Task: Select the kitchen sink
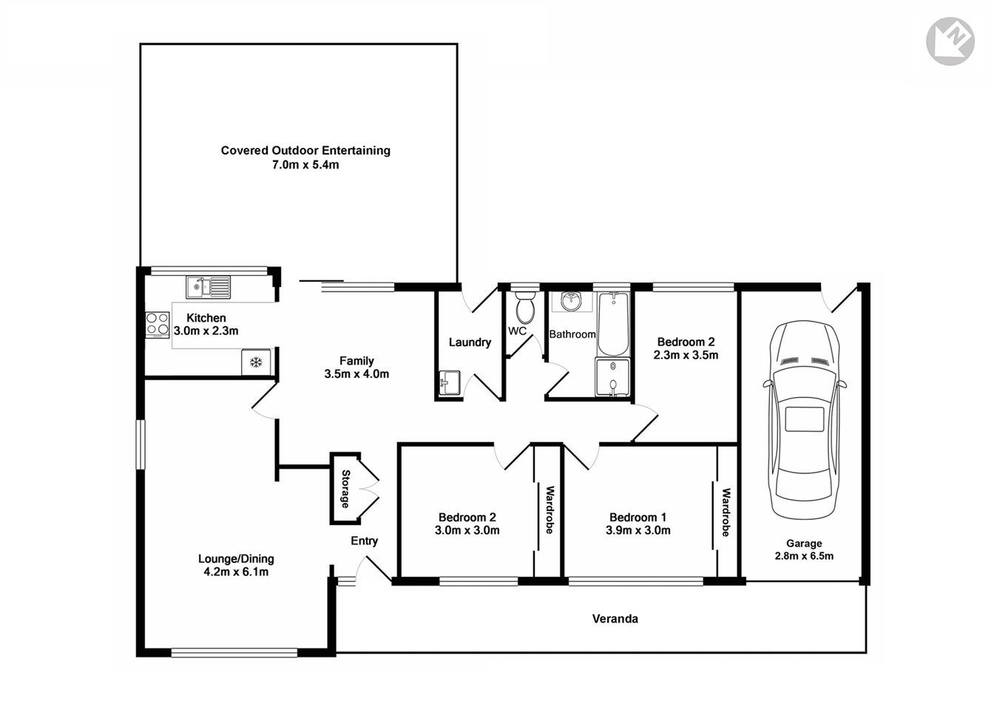[x=208, y=285]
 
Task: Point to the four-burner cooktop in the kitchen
[x=157, y=323]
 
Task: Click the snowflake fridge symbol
[x=256, y=362]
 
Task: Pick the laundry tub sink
[x=448, y=384]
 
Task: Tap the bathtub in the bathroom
[x=612, y=325]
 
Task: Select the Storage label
[x=345, y=489]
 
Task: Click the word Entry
[x=364, y=541]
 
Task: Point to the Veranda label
[x=615, y=618]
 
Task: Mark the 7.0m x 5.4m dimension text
[x=305, y=165]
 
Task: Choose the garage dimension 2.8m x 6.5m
[x=804, y=555]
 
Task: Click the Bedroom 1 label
[x=638, y=517]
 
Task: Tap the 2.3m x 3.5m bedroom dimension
[x=686, y=355]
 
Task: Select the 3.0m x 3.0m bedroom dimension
[x=467, y=530]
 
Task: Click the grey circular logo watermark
[x=950, y=43]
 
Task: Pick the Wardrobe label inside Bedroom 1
[x=726, y=512]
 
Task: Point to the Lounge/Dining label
[x=236, y=558]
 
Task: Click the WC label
[x=517, y=331]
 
